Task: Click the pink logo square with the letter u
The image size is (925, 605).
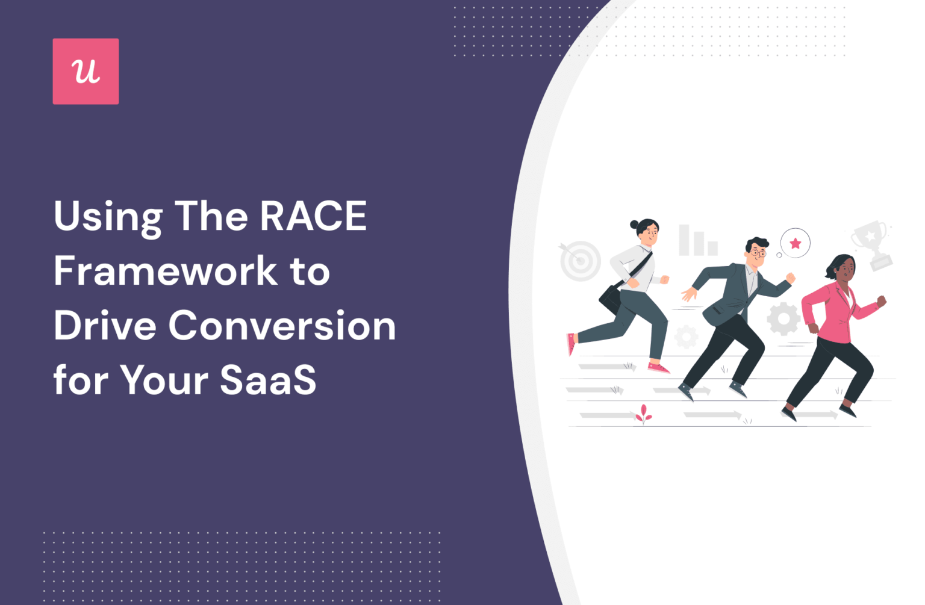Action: (86, 72)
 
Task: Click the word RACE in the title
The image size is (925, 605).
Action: (313, 216)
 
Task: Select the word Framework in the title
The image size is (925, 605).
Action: (166, 271)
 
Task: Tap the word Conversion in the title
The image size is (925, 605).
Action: (282, 326)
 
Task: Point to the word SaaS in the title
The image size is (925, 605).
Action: (268, 380)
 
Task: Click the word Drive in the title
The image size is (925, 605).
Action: (105, 326)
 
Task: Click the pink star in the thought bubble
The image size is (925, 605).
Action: (796, 243)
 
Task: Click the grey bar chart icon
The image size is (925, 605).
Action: (697, 241)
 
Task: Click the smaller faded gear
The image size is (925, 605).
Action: (686, 337)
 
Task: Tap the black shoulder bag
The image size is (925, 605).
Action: (611, 297)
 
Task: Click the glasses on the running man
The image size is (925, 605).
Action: (758, 253)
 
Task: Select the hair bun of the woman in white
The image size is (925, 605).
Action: (634, 225)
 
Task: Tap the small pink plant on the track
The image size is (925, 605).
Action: (644, 414)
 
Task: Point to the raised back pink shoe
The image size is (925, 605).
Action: (571, 344)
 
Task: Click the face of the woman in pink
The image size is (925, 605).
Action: (846, 270)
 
